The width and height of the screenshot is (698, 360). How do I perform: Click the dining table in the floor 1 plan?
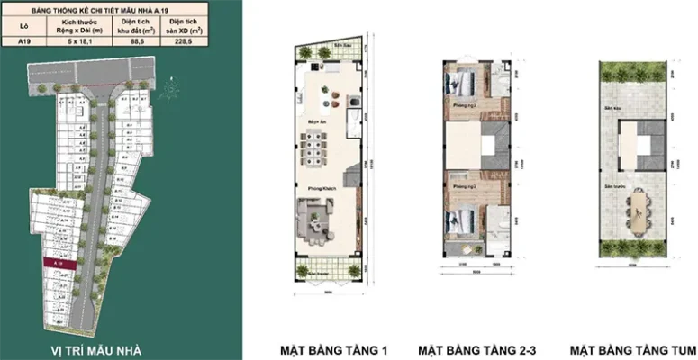point(315,143)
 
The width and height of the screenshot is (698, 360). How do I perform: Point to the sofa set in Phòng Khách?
point(314,219)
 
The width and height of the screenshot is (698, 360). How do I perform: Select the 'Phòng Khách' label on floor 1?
point(316,187)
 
